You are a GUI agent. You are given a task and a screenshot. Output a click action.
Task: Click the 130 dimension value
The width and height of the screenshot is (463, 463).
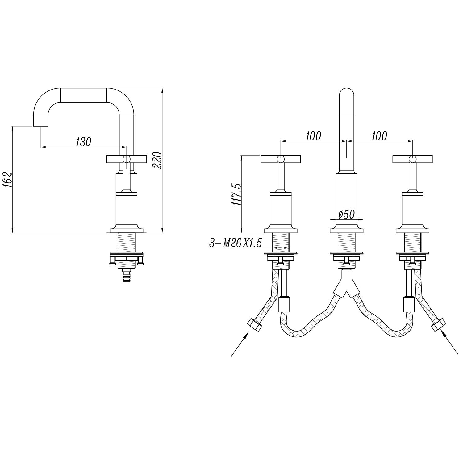coord(84,142)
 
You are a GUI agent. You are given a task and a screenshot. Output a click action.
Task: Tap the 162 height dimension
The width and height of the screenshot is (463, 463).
coord(8,180)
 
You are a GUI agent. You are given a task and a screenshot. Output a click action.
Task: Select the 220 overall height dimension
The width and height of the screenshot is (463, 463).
coord(157,160)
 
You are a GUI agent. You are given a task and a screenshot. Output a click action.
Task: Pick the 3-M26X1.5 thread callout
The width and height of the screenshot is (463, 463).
coord(236,243)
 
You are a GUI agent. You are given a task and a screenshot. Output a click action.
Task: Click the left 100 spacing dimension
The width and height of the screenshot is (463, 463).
coord(313,136)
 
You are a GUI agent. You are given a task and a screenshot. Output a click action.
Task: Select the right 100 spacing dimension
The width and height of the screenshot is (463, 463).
coord(379,136)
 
